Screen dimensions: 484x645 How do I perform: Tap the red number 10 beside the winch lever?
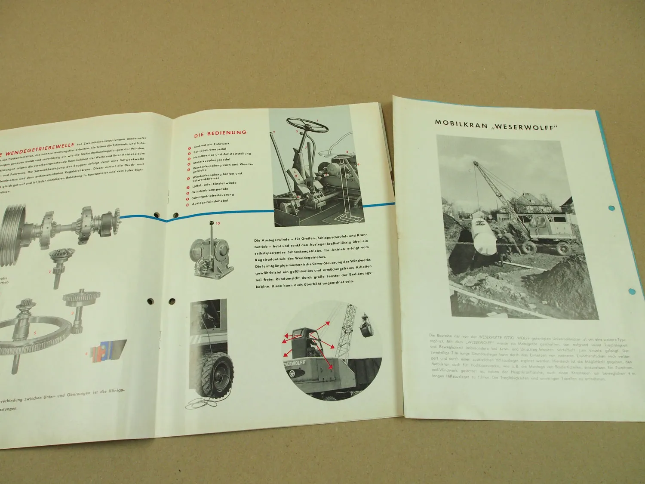(x=218, y=223)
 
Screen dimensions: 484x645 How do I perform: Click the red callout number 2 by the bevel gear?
(x=50, y=271)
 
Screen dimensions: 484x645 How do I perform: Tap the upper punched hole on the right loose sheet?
(x=612, y=209)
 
